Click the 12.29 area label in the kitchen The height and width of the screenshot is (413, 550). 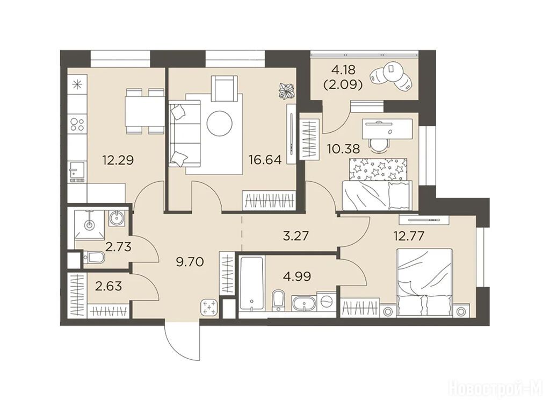pos(118,160)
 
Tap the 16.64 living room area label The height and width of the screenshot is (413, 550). pos(265,160)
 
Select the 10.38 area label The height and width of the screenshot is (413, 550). pos(343,149)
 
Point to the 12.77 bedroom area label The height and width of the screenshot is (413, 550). pos(409,236)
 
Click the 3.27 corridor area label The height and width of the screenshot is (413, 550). pos(296,236)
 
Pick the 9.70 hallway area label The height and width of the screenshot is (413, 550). pos(190,262)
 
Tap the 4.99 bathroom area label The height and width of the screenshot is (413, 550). pos(297,276)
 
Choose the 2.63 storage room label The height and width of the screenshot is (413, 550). pos(108,286)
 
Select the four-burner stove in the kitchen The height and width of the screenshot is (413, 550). pos(77,123)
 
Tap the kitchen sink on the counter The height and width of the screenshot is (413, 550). pos(77,170)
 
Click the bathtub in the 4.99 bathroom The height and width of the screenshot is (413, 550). pos(251,284)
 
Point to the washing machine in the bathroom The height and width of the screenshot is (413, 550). pos(327,301)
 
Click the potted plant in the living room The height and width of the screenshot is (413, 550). pos(287,90)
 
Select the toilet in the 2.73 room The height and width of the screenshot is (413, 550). pos(94,258)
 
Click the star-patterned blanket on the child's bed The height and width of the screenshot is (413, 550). pos(379,169)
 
